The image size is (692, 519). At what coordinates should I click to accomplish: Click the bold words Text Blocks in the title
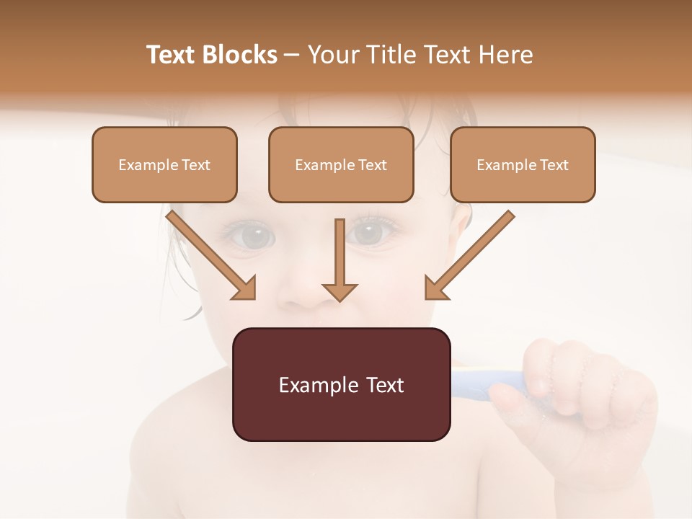pos(212,55)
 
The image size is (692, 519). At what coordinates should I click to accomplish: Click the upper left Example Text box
pos(164,165)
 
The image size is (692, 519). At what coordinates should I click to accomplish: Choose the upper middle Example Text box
pos(341,165)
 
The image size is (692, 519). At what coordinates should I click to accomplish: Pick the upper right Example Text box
pos(523,165)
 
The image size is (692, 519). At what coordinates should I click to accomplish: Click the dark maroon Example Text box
pos(341,384)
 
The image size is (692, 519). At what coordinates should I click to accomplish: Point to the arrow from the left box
pos(209,254)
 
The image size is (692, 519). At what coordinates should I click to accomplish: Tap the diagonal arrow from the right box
pos(471,254)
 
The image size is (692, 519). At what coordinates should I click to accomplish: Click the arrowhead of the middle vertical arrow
pos(340,291)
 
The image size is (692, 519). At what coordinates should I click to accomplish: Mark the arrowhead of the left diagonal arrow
pos(245,288)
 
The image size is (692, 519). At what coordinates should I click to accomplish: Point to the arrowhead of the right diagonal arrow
pos(435,288)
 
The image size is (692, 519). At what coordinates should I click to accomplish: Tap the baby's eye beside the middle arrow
pos(369,232)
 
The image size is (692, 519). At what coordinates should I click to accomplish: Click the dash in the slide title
pos(292,55)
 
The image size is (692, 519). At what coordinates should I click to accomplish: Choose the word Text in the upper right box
pos(553,165)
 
